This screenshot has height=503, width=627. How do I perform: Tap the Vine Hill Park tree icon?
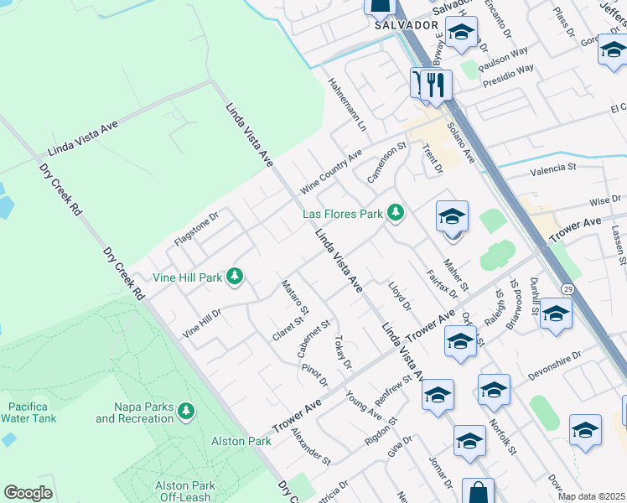(236, 276)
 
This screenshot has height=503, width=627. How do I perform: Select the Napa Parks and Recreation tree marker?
(185, 410)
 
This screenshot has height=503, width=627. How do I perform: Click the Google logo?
(28, 493)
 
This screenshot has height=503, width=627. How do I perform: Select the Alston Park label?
(241, 441)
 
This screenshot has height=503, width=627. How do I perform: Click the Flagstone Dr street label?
(195, 228)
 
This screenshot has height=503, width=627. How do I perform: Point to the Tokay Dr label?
(341, 352)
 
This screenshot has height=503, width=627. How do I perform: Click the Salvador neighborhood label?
(407, 25)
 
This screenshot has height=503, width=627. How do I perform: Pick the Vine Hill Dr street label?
(201, 323)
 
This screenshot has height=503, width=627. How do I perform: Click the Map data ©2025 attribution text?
(592, 496)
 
